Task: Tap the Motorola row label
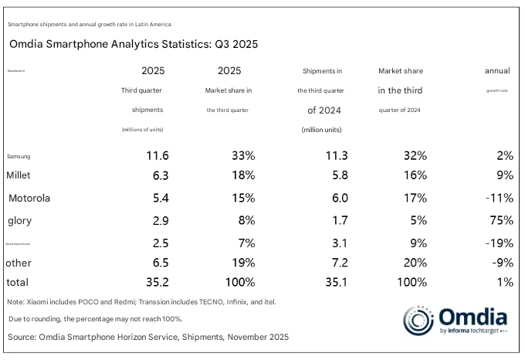pos(29,198)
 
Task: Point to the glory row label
pos(19,221)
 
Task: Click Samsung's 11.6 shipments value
pos(157,155)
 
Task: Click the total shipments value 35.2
pos(157,283)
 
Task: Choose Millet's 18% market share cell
pos(242,176)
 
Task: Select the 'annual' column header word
pos(496,71)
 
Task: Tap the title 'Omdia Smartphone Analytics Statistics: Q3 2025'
pos(133,44)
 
